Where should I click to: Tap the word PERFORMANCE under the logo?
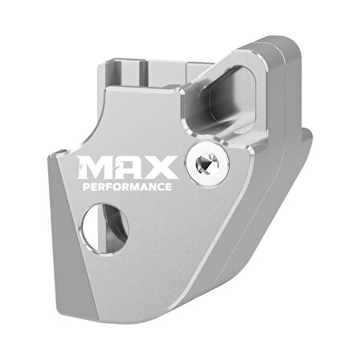tap(128, 186)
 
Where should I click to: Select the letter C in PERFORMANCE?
tap(159, 186)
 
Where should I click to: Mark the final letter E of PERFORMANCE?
tap(168, 186)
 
